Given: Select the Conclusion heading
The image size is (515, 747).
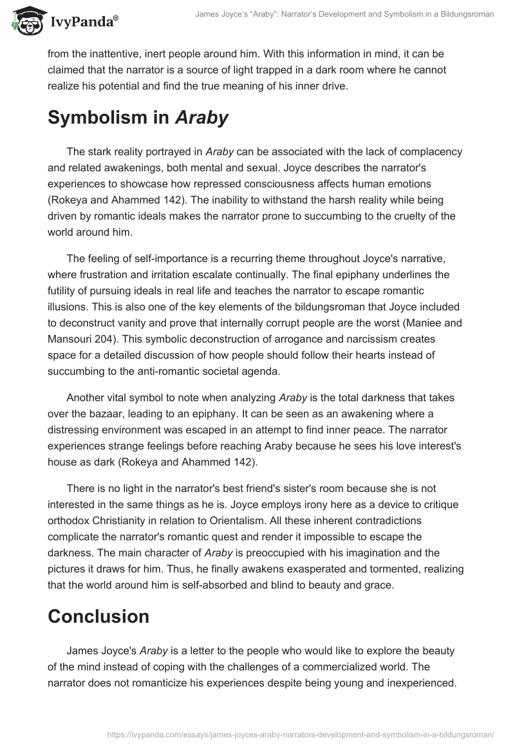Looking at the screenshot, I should [98, 616].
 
